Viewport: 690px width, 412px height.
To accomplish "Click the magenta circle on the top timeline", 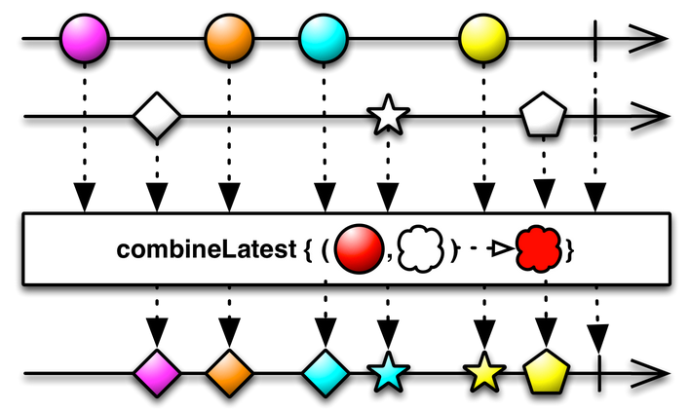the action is [x=84, y=41].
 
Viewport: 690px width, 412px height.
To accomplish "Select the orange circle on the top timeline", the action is [x=229, y=41].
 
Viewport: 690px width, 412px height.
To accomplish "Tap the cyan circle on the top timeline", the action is [x=324, y=41].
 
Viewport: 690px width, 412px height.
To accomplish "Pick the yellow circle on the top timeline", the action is [x=484, y=41].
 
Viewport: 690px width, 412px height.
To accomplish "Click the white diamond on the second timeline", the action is [x=157, y=117].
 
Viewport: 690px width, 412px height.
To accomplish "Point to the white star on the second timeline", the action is [x=387, y=118].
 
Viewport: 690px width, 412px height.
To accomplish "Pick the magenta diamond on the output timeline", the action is [x=157, y=372].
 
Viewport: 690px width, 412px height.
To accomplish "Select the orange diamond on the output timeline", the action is [x=229, y=372].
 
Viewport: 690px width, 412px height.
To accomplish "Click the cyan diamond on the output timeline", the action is [x=325, y=372].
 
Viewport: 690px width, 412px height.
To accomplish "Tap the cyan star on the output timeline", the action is [x=387, y=372].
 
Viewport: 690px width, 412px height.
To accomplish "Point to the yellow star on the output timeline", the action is [x=483, y=372].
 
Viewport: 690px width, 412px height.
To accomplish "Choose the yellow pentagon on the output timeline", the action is [x=545, y=371].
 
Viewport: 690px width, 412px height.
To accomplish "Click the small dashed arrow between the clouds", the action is [x=483, y=251].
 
